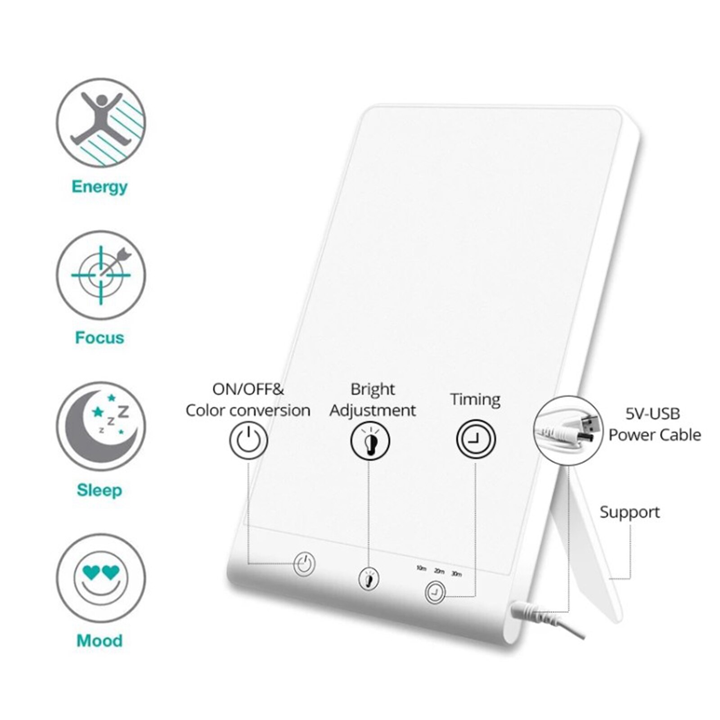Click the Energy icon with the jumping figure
pos(101,122)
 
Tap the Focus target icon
pos(101,274)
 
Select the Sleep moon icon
pos(101,426)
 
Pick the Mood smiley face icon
pos(101,578)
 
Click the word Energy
pos(99,187)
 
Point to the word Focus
pos(99,337)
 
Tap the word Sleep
pos(99,490)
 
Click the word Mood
pos(99,640)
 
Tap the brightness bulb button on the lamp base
pos(369,579)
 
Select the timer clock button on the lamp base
pos(435,592)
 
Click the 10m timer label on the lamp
pos(421,568)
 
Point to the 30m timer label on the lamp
pos(456,574)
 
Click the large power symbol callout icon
pos(248,440)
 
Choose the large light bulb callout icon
pos(370,441)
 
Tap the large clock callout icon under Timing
pos(476,439)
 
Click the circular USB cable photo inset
pos(568,430)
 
